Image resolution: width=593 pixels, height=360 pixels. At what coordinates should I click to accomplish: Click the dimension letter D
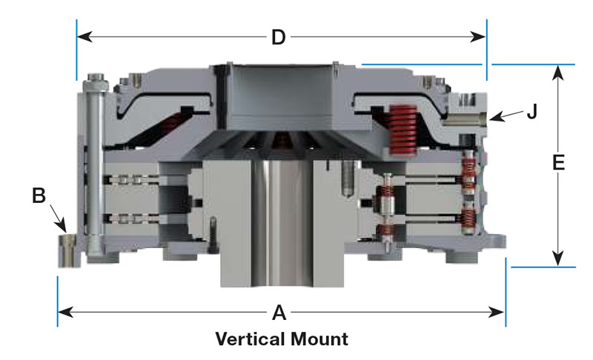pyautogui.click(x=279, y=37)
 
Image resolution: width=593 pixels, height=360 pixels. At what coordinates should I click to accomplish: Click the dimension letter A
pyautogui.click(x=279, y=313)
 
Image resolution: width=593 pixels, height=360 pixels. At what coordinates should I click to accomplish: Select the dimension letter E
pyautogui.click(x=559, y=163)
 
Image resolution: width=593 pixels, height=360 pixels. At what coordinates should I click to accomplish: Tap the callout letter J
pyautogui.click(x=532, y=111)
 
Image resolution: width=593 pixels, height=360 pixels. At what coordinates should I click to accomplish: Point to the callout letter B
pyautogui.click(x=39, y=196)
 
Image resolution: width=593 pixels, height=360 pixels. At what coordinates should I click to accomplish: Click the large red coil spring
pyautogui.click(x=402, y=129)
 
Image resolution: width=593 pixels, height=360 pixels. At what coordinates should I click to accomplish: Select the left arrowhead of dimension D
pyautogui.click(x=85, y=37)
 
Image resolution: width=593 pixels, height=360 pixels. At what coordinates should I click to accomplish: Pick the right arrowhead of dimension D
pyautogui.click(x=477, y=37)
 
